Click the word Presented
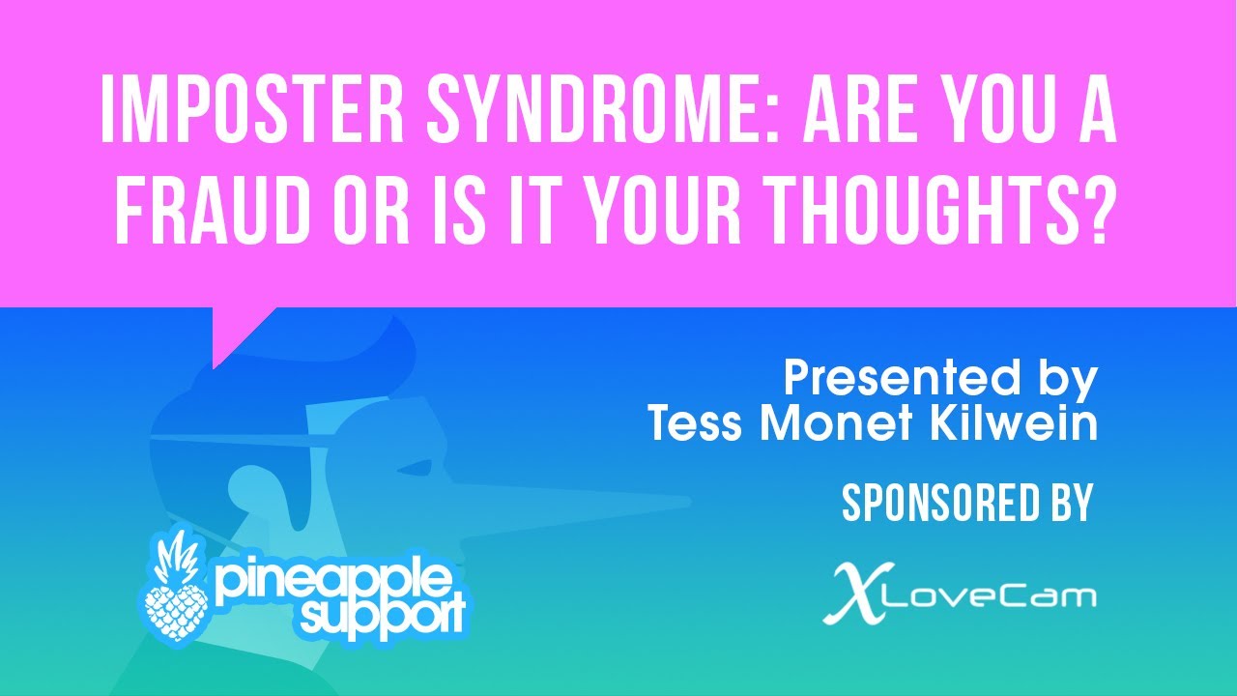pyautogui.click(x=888, y=379)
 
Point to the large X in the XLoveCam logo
pyautogui.click(x=851, y=592)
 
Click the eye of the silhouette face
pyautogui.click(x=414, y=469)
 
